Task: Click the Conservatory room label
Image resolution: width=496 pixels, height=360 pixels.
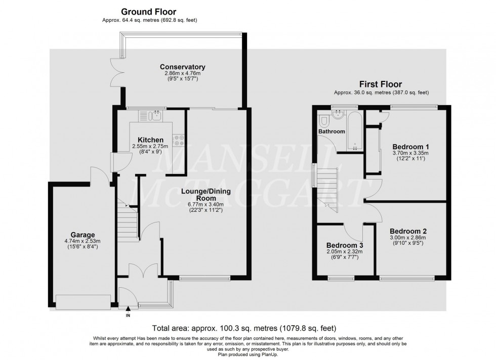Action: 182,67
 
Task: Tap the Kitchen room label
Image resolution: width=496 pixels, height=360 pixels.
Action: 150,140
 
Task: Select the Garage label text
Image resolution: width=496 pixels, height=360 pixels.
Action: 84,235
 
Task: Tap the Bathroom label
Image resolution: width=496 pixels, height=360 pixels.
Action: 332,131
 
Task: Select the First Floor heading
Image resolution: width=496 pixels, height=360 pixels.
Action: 381,84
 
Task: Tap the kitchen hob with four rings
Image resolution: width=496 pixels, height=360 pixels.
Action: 179,140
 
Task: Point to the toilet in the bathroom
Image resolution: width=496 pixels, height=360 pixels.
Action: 324,120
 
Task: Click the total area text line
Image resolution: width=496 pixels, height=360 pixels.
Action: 247,328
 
